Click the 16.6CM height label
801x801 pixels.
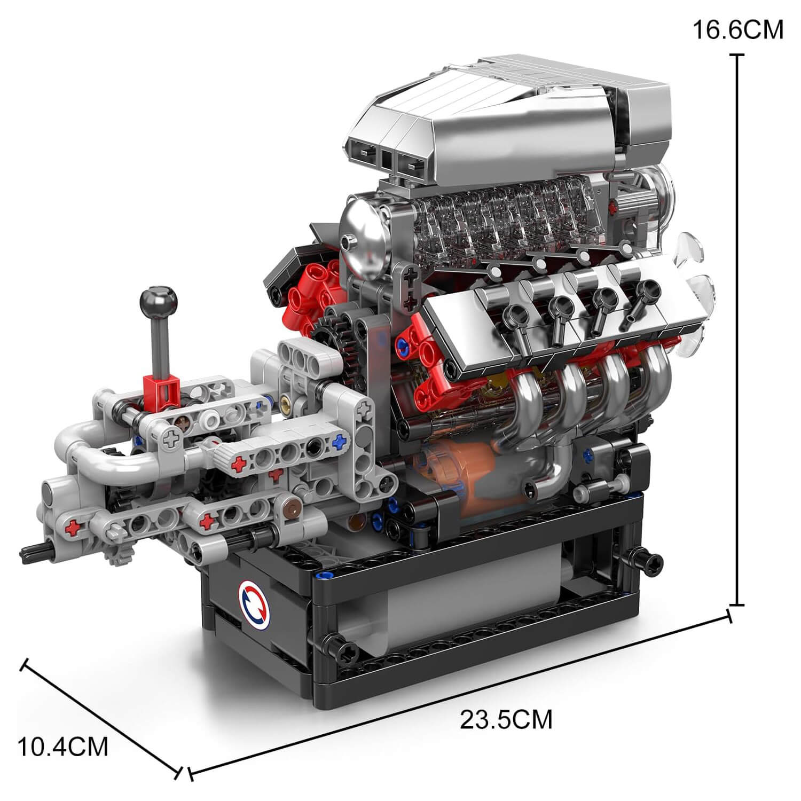click(737, 30)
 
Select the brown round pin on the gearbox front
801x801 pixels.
click(290, 508)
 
